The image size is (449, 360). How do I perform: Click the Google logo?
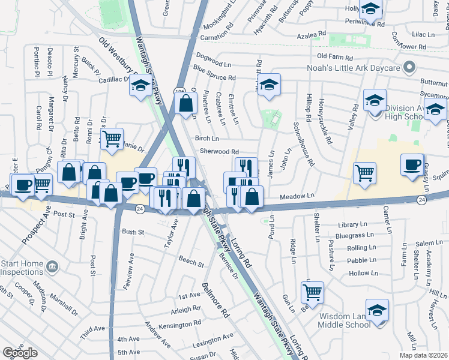pyautogui.click(x=20, y=353)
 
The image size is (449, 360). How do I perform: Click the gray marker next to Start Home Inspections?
pyautogui.click(x=53, y=266)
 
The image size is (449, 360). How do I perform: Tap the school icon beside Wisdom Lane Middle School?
pyautogui.click(x=377, y=310)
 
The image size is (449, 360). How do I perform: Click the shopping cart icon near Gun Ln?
pyautogui.click(x=312, y=292)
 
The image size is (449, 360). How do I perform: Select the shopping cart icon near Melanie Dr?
pyautogui.click(x=112, y=139)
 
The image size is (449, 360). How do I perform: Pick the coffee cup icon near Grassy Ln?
pyautogui.click(x=412, y=166)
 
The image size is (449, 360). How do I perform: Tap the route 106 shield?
pyautogui.click(x=179, y=91)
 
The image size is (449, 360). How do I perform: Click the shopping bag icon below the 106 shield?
pyautogui.click(x=186, y=103)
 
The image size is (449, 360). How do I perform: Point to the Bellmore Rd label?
pyautogui.click(x=215, y=299)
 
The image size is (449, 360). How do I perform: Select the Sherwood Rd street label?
pyautogui.click(x=220, y=152)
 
